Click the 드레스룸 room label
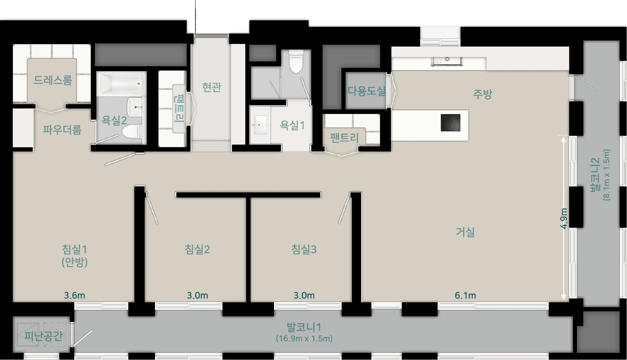[x=53, y=80]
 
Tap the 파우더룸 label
[x=62, y=130]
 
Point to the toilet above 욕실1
[x=296, y=62]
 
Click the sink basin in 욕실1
[x=260, y=125]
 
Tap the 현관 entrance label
[x=212, y=87]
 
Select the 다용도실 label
[x=367, y=91]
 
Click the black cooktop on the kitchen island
[x=450, y=122]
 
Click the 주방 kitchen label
[x=483, y=94]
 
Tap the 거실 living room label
[x=465, y=232]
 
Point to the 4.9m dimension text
[x=564, y=218]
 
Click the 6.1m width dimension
[x=465, y=295]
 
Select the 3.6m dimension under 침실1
[x=74, y=295]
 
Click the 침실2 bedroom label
[x=197, y=249]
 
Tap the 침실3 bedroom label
[x=304, y=249]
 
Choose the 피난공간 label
[x=44, y=336]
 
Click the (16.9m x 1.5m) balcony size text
[x=304, y=339]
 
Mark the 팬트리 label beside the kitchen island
[x=344, y=138]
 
